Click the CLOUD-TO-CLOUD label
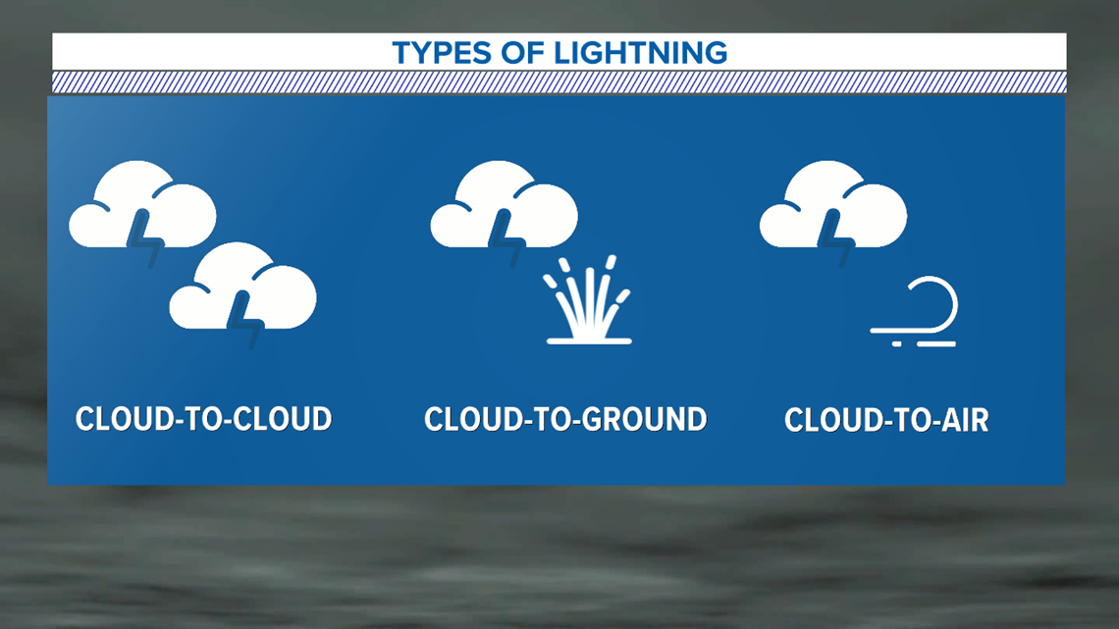click(x=203, y=419)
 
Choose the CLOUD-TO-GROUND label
click(x=565, y=419)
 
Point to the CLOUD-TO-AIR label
click(x=886, y=419)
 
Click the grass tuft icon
click(x=589, y=299)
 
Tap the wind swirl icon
click(x=914, y=312)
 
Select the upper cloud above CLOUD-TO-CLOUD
click(x=142, y=205)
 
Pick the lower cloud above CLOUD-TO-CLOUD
click(x=242, y=287)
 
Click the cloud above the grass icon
click(x=504, y=205)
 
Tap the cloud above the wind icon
click(x=832, y=205)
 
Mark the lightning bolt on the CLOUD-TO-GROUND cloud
click(x=507, y=238)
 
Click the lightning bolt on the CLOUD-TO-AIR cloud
click(x=836, y=238)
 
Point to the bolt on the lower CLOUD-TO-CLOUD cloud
click(x=246, y=320)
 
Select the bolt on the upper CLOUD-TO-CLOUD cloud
click(x=145, y=238)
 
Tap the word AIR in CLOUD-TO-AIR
click(x=965, y=419)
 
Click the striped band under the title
click(x=559, y=82)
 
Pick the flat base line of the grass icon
click(x=589, y=341)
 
